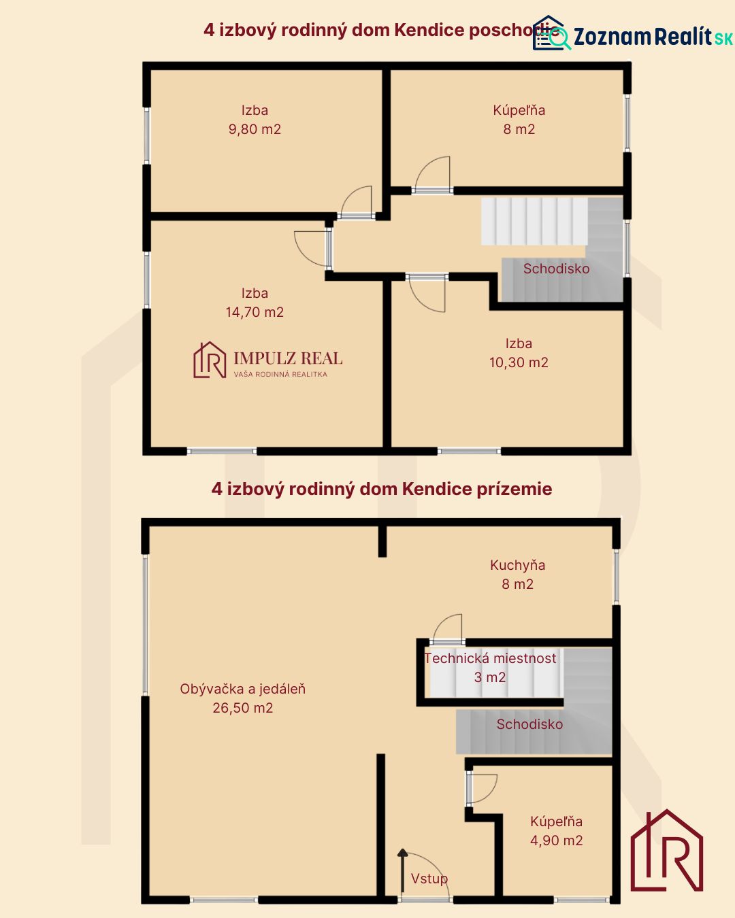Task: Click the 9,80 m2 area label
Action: click(x=255, y=129)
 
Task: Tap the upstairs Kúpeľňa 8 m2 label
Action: click(x=519, y=120)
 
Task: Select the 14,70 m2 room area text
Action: click(x=255, y=312)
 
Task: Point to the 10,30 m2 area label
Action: click(x=519, y=362)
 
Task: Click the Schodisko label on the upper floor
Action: click(x=556, y=269)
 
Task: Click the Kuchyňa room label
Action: click(x=518, y=565)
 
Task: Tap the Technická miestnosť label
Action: click(x=490, y=658)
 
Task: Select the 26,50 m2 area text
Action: click(x=242, y=708)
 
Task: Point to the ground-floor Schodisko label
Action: click(x=529, y=724)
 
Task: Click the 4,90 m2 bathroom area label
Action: click(x=556, y=840)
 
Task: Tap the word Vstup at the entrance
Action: click(x=429, y=879)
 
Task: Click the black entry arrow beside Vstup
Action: click(x=402, y=870)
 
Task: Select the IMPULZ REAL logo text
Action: click(x=288, y=358)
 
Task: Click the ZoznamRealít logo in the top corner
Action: click(x=633, y=35)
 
